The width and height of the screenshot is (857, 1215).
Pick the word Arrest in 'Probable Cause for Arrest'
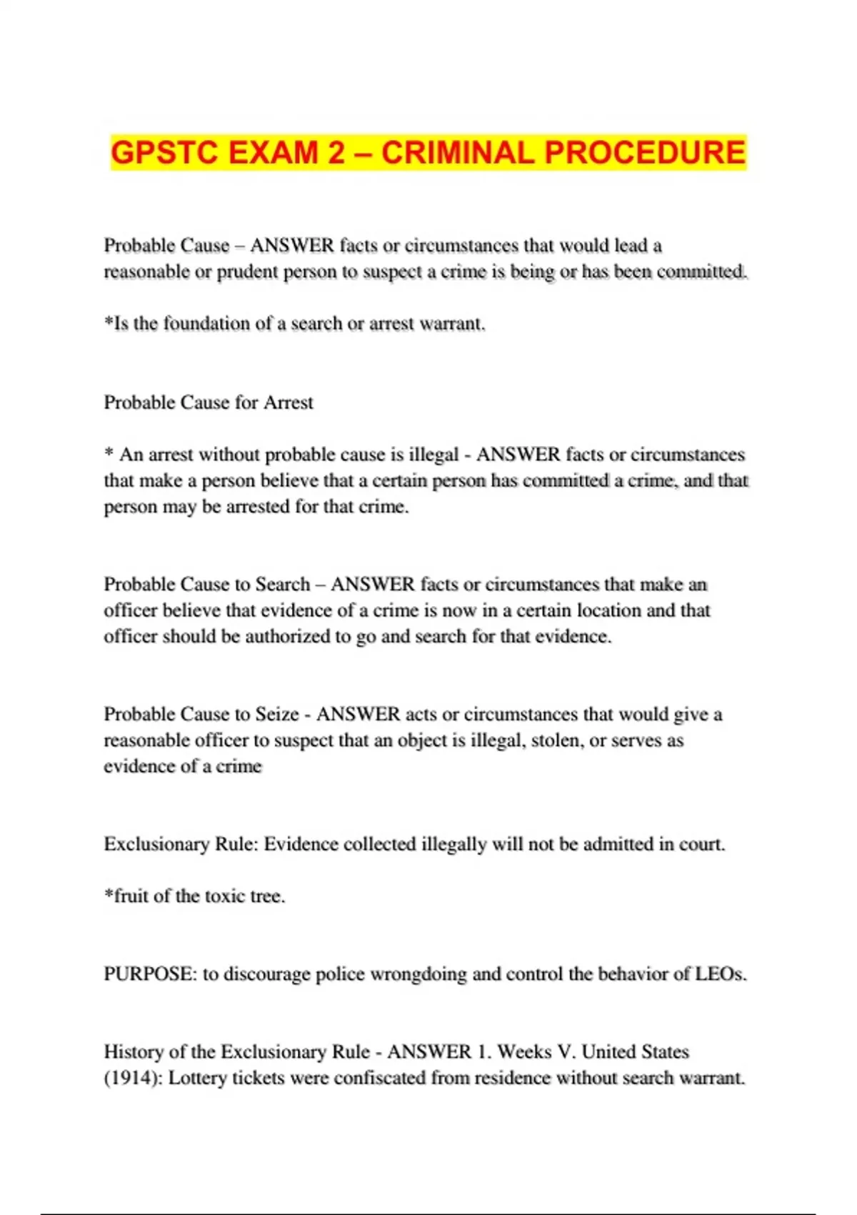click(289, 402)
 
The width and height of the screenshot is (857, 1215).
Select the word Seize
click(277, 714)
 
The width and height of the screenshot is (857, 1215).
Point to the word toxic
click(225, 896)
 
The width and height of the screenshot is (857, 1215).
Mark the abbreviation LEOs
click(721, 974)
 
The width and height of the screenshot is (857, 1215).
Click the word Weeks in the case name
click(523, 1052)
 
